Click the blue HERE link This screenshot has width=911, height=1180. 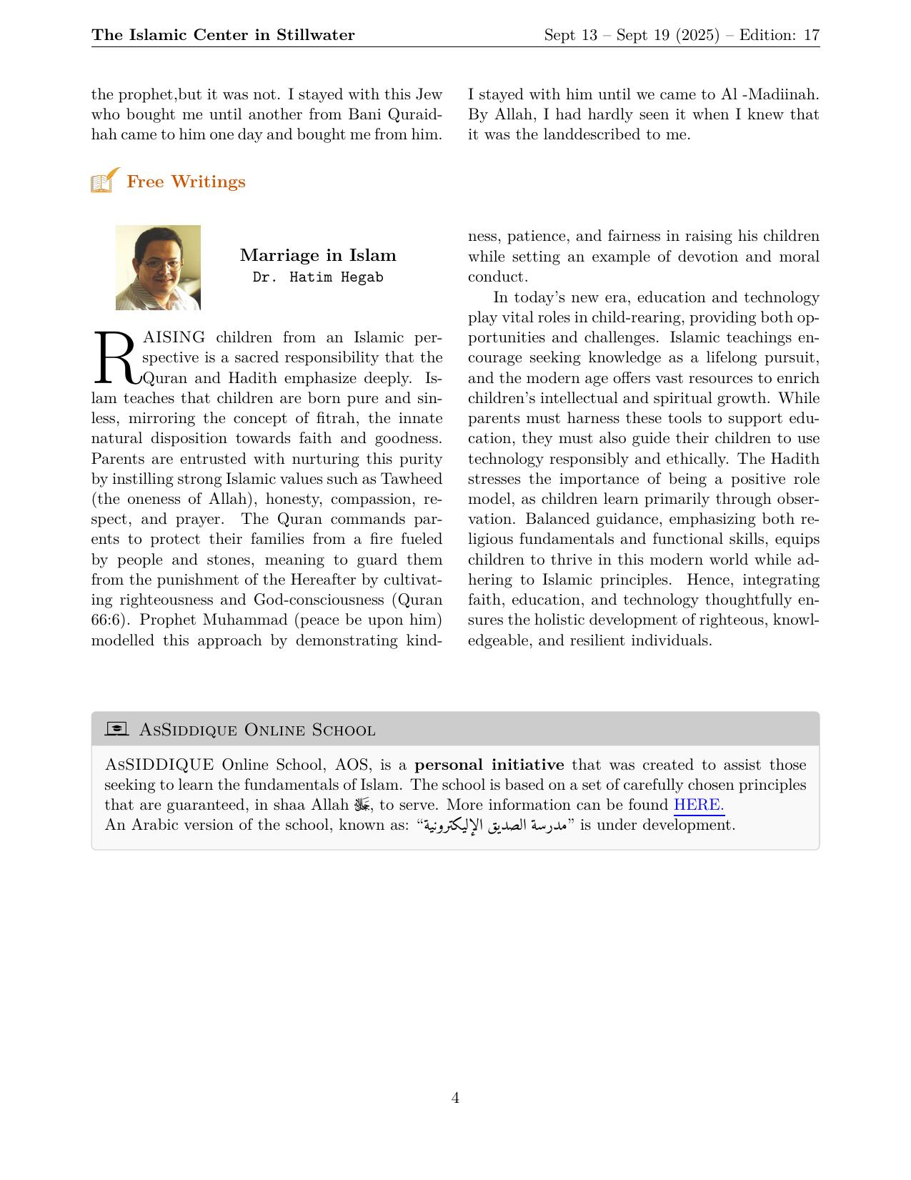(x=699, y=805)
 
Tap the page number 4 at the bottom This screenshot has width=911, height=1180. (x=455, y=1098)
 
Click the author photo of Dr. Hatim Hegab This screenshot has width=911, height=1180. (x=158, y=268)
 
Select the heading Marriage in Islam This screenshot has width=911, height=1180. (x=318, y=255)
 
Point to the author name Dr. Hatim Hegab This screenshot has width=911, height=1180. (x=318, y=277)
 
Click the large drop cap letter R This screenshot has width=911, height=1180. (x=115, y=357)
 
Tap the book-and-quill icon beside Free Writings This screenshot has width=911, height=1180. (x=105, y=181)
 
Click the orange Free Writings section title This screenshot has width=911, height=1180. (x=186, y=182)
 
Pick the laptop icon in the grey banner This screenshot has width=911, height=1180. (x=116, y=729)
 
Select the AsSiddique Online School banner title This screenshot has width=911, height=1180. (x=257, y=730)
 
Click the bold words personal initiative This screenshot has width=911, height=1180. (x=489, y=765)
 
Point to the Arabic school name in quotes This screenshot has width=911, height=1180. (x=494, y=825)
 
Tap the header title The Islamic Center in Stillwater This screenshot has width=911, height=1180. (x=223, y=35)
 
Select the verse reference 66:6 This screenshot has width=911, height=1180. (x=109, y=620)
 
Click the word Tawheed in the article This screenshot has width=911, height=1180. (x=412, y=479)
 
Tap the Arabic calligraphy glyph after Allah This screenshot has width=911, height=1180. (x=361, y=805)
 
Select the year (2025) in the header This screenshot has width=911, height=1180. (x=697, y=35)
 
